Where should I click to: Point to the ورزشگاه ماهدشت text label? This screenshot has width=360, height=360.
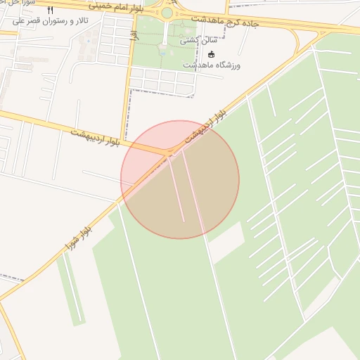point(212,65)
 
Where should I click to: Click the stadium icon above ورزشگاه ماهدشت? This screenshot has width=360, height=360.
point(211,54)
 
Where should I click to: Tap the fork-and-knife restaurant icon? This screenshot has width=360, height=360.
point(50,11)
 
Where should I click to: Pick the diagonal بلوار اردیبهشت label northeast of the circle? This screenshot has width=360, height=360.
point(206,124)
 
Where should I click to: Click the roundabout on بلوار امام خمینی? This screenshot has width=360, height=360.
point(167,13)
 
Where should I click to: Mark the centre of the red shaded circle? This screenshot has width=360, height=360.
point(180,179)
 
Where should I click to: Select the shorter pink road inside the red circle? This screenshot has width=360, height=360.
point(176,190)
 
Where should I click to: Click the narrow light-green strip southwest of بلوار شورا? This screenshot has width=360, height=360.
point(70,289)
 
